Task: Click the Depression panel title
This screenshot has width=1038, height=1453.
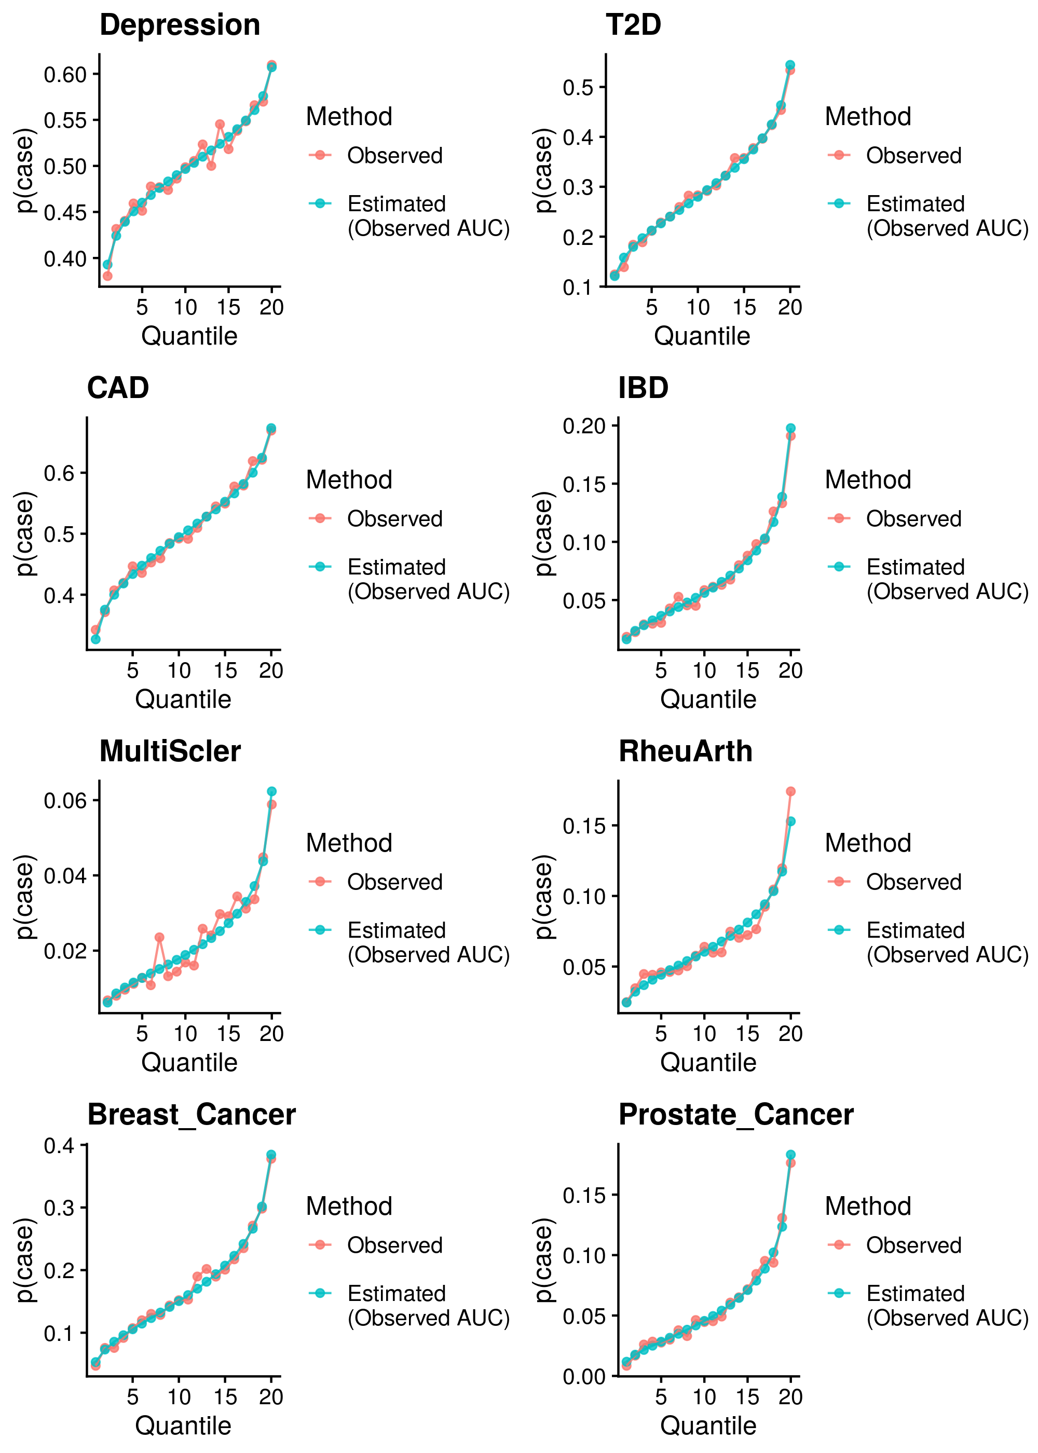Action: click(180, 25)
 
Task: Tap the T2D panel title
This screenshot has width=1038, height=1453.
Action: click(633, 25)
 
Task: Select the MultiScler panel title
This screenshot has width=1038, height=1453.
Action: click(170, 751)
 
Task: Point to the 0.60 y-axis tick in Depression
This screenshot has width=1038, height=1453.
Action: click(64, 74)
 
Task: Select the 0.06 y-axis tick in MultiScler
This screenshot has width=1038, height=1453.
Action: click(64, 801)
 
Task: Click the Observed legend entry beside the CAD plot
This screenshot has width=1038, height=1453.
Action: click(394, 519)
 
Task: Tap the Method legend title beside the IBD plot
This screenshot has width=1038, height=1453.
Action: click(867, 480)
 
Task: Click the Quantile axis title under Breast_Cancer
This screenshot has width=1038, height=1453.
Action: click(183, 1425)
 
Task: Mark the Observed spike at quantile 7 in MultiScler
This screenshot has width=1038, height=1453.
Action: click(159, 937)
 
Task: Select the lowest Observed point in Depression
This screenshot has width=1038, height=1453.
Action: click(107, 276)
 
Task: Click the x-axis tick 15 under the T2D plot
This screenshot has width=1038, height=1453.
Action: click(744, 307)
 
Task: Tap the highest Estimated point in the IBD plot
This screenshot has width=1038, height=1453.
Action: click(790, 428)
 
